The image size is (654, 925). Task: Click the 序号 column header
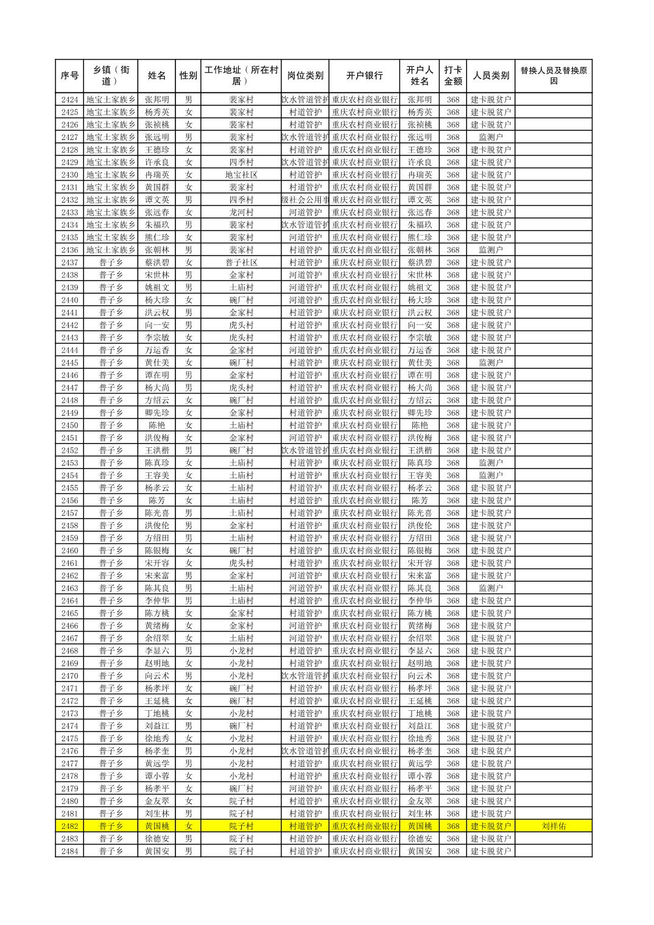69,76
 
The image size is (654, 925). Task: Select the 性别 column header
188,76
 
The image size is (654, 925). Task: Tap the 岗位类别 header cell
305,76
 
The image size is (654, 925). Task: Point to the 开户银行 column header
364,76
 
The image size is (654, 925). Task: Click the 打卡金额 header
453,76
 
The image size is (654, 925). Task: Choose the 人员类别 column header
491,76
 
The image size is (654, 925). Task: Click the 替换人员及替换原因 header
553,76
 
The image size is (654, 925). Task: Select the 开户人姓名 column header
420,76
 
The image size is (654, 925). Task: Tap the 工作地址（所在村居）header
241,76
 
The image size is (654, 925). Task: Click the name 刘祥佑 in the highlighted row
553,826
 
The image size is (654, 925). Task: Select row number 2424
69,100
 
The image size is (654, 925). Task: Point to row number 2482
69,826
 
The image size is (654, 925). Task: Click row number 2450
69,425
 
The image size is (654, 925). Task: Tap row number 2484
69,851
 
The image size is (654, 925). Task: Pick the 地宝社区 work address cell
241,175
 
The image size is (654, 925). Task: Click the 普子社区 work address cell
241,262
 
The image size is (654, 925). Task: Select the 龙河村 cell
241,212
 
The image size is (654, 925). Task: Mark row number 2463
69,588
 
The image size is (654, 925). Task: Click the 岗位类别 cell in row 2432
305,200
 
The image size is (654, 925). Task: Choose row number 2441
69,312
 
